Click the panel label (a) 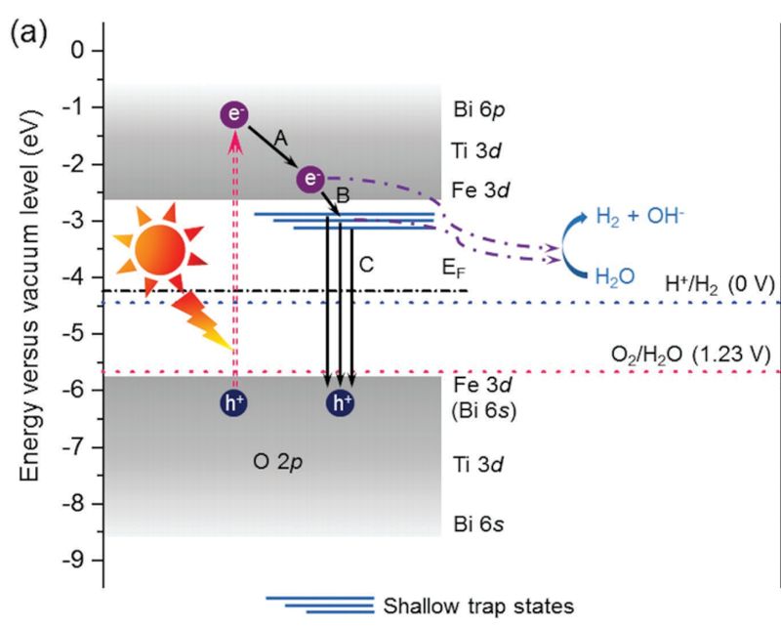click(28, 33)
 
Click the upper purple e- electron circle click(234, 114)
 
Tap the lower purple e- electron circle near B click(310, 179)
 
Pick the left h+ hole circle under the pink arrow click(234, 402)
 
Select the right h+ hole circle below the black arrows click(340, 402)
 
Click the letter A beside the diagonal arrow click(281, 138)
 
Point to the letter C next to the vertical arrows click(366, 264)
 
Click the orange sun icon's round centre click(160, 249)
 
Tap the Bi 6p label click(479, 109)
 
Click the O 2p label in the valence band click(278, 462)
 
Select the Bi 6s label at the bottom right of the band click(478, 524)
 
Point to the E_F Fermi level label click(454, 269)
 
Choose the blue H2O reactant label click(615, 276)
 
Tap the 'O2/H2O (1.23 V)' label click(691, 355)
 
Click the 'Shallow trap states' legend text click(478, 607)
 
